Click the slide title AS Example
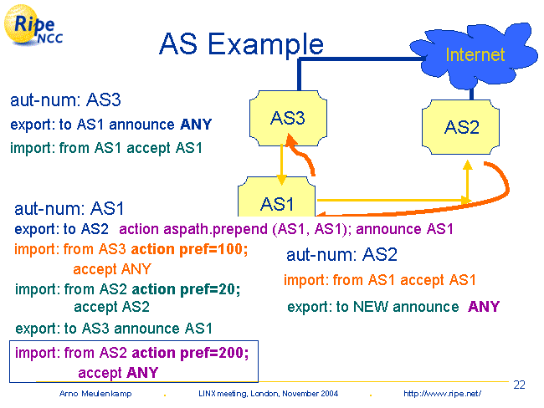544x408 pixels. [241, 44]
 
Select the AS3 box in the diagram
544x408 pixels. [287, 119]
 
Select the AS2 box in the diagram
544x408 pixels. [461, 126]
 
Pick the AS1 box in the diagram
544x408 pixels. [277, 202]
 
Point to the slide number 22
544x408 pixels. [519, 385]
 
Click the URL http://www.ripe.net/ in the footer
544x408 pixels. [442, 393]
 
